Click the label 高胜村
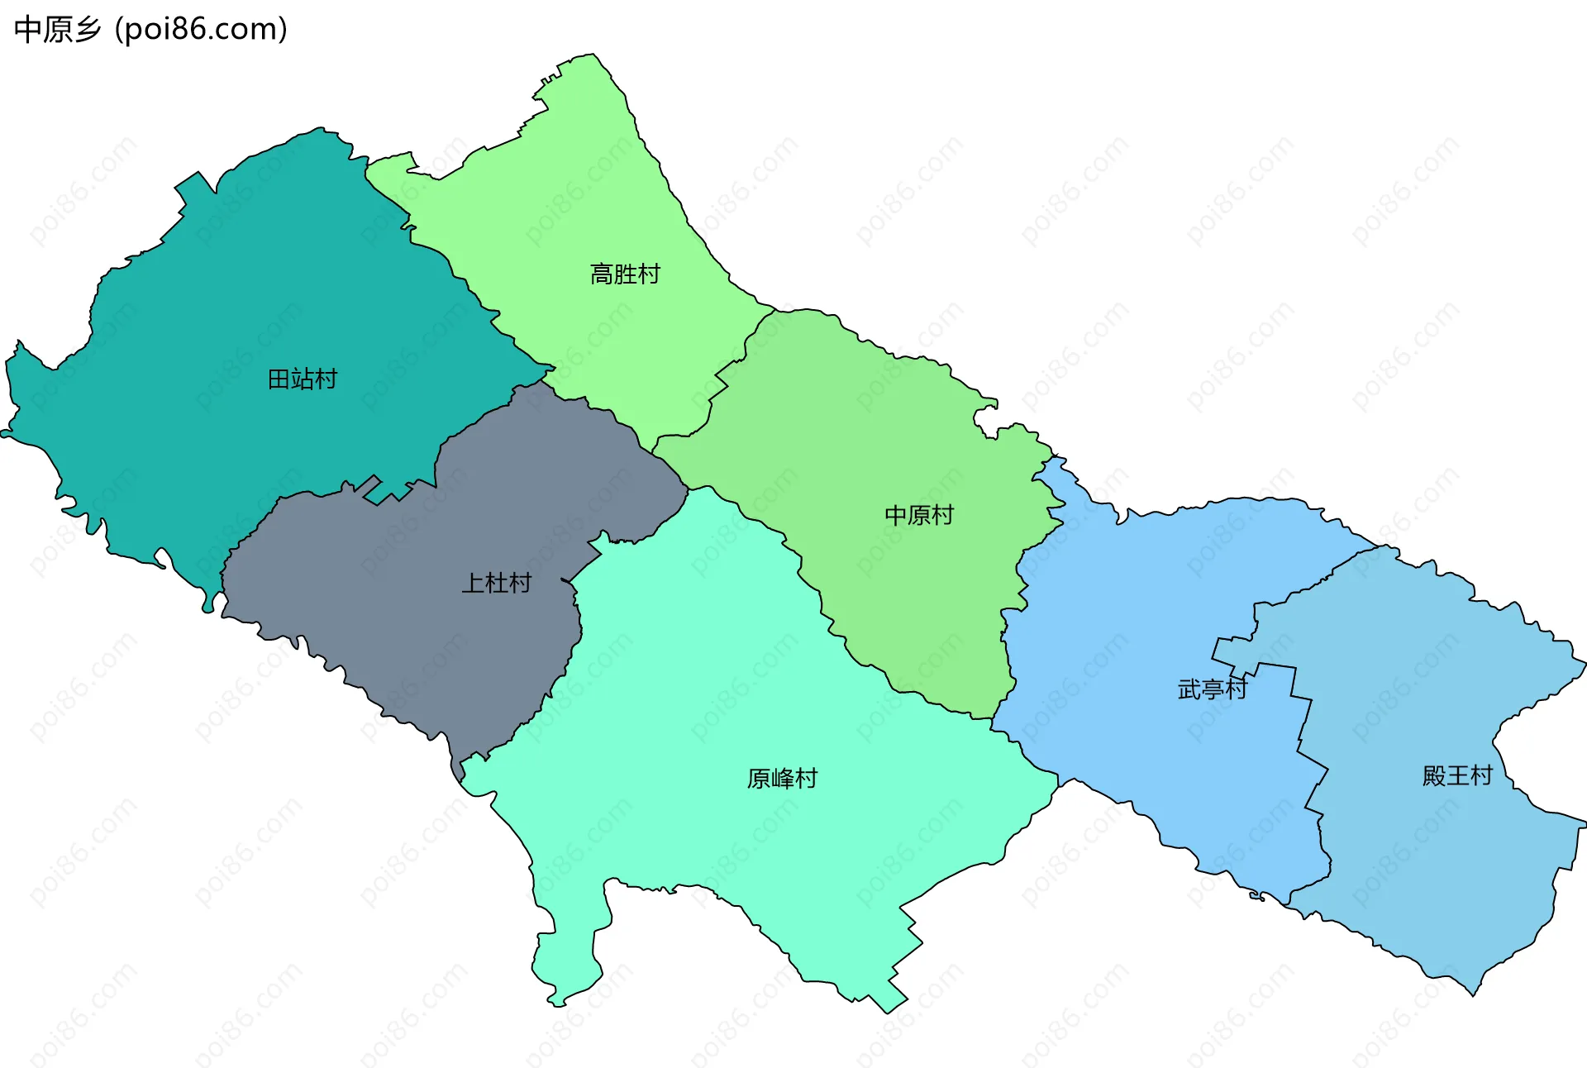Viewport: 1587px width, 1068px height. (625, 274)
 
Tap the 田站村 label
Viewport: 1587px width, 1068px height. (303, 379)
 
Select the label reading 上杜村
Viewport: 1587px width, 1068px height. (496, 583)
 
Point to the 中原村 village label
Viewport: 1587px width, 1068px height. (919, 515)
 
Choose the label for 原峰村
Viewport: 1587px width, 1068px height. (782, 778)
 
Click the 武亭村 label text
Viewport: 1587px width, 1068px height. (1212, 689)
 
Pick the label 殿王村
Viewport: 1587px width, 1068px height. (1457, 775)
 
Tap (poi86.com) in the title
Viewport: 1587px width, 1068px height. (201, 30)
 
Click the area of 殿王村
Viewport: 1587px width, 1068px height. (1446, 868)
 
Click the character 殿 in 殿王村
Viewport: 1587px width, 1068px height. (1434, 775)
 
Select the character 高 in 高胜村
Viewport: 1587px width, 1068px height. (602, 274)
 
